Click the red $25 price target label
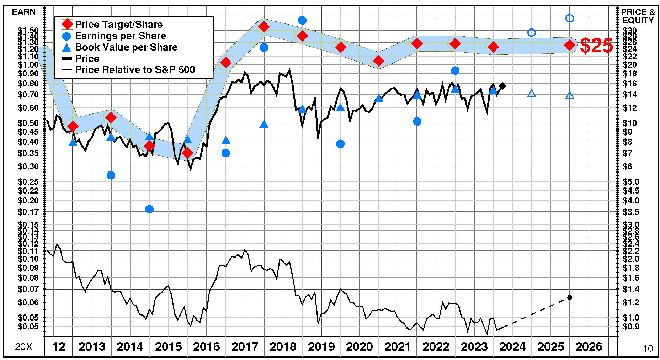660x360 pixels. tap(596, 46)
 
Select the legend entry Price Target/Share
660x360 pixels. tap(118, 24)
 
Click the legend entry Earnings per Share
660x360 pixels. tap(120, 36)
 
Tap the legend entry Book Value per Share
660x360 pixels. tap(126, 47)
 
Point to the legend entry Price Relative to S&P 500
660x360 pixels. tap(135, 69)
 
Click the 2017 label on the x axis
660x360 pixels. tap(245, 346)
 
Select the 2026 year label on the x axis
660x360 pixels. tap(589, 346)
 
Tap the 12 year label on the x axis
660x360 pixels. tap(59, 346)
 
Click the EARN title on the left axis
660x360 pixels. tap(24, 12)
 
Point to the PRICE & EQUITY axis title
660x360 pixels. tap(638, 16)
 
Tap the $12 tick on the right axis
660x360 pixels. tap(629, 107)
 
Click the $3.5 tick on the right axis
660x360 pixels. tap(630, 212)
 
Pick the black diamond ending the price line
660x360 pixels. tap(502, 86)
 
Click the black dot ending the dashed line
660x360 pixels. tap(570, 297)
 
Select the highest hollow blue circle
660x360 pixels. tap(570, 18)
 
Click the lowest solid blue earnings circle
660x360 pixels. tap(149, 209)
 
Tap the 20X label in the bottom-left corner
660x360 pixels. tap(23, 347)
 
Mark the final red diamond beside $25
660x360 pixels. tap(570, 45)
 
